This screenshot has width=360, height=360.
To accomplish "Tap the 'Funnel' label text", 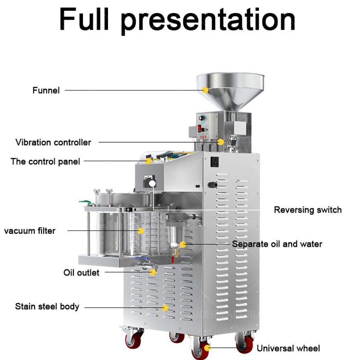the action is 46,90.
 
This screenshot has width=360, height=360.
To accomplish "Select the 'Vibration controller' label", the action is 53,142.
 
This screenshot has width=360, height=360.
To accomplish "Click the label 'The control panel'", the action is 45,161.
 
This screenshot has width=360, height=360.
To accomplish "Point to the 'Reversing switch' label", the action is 308,210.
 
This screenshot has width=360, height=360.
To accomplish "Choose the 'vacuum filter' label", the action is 30,231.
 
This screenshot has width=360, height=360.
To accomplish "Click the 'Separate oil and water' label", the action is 277,244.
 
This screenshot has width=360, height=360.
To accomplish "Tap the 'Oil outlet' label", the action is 81,272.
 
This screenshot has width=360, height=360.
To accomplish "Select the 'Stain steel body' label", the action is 47,306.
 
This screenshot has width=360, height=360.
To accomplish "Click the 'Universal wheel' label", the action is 288,348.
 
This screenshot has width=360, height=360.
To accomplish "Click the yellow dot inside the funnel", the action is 205,90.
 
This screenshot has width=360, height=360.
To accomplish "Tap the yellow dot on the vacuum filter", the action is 140,231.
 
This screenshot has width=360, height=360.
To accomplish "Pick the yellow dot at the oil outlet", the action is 153,272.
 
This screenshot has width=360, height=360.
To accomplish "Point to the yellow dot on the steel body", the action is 165,308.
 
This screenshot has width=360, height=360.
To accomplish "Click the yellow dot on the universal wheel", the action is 207,348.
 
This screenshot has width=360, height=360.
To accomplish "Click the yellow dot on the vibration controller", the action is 220,142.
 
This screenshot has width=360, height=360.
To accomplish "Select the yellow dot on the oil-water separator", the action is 183,244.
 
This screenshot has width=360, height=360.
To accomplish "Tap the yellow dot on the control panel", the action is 149,161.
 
